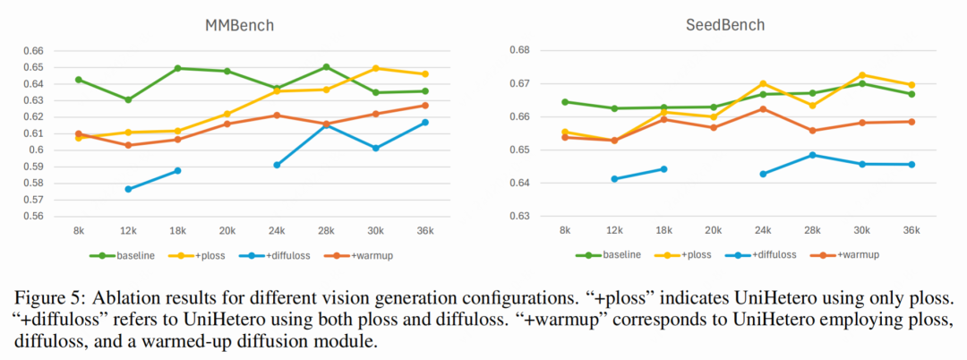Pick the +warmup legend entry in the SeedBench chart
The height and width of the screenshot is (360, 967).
(851, 255)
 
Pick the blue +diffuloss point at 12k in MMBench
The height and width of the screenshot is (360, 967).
(128, 189)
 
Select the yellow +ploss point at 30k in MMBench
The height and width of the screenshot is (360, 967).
(376, 68)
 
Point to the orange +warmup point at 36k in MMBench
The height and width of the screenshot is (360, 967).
(425, 106)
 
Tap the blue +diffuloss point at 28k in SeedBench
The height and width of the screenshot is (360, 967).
(812, 155)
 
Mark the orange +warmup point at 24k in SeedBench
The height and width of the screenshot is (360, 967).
(763, 109)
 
